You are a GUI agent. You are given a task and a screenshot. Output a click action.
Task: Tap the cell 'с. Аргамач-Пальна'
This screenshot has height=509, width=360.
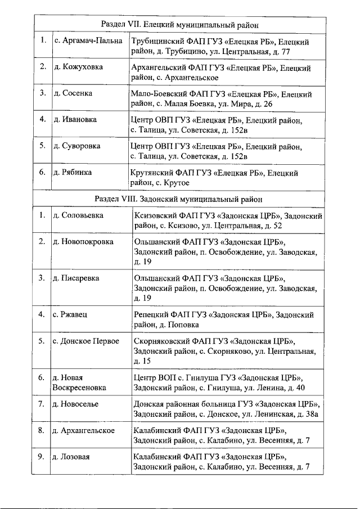pos(88,42)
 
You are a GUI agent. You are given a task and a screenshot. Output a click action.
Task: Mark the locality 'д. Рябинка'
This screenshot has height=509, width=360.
pos(73,172)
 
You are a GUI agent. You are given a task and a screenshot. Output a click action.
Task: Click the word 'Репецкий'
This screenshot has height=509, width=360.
pos(150,315)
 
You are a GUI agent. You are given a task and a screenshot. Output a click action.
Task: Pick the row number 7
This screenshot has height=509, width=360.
pos(41,404)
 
